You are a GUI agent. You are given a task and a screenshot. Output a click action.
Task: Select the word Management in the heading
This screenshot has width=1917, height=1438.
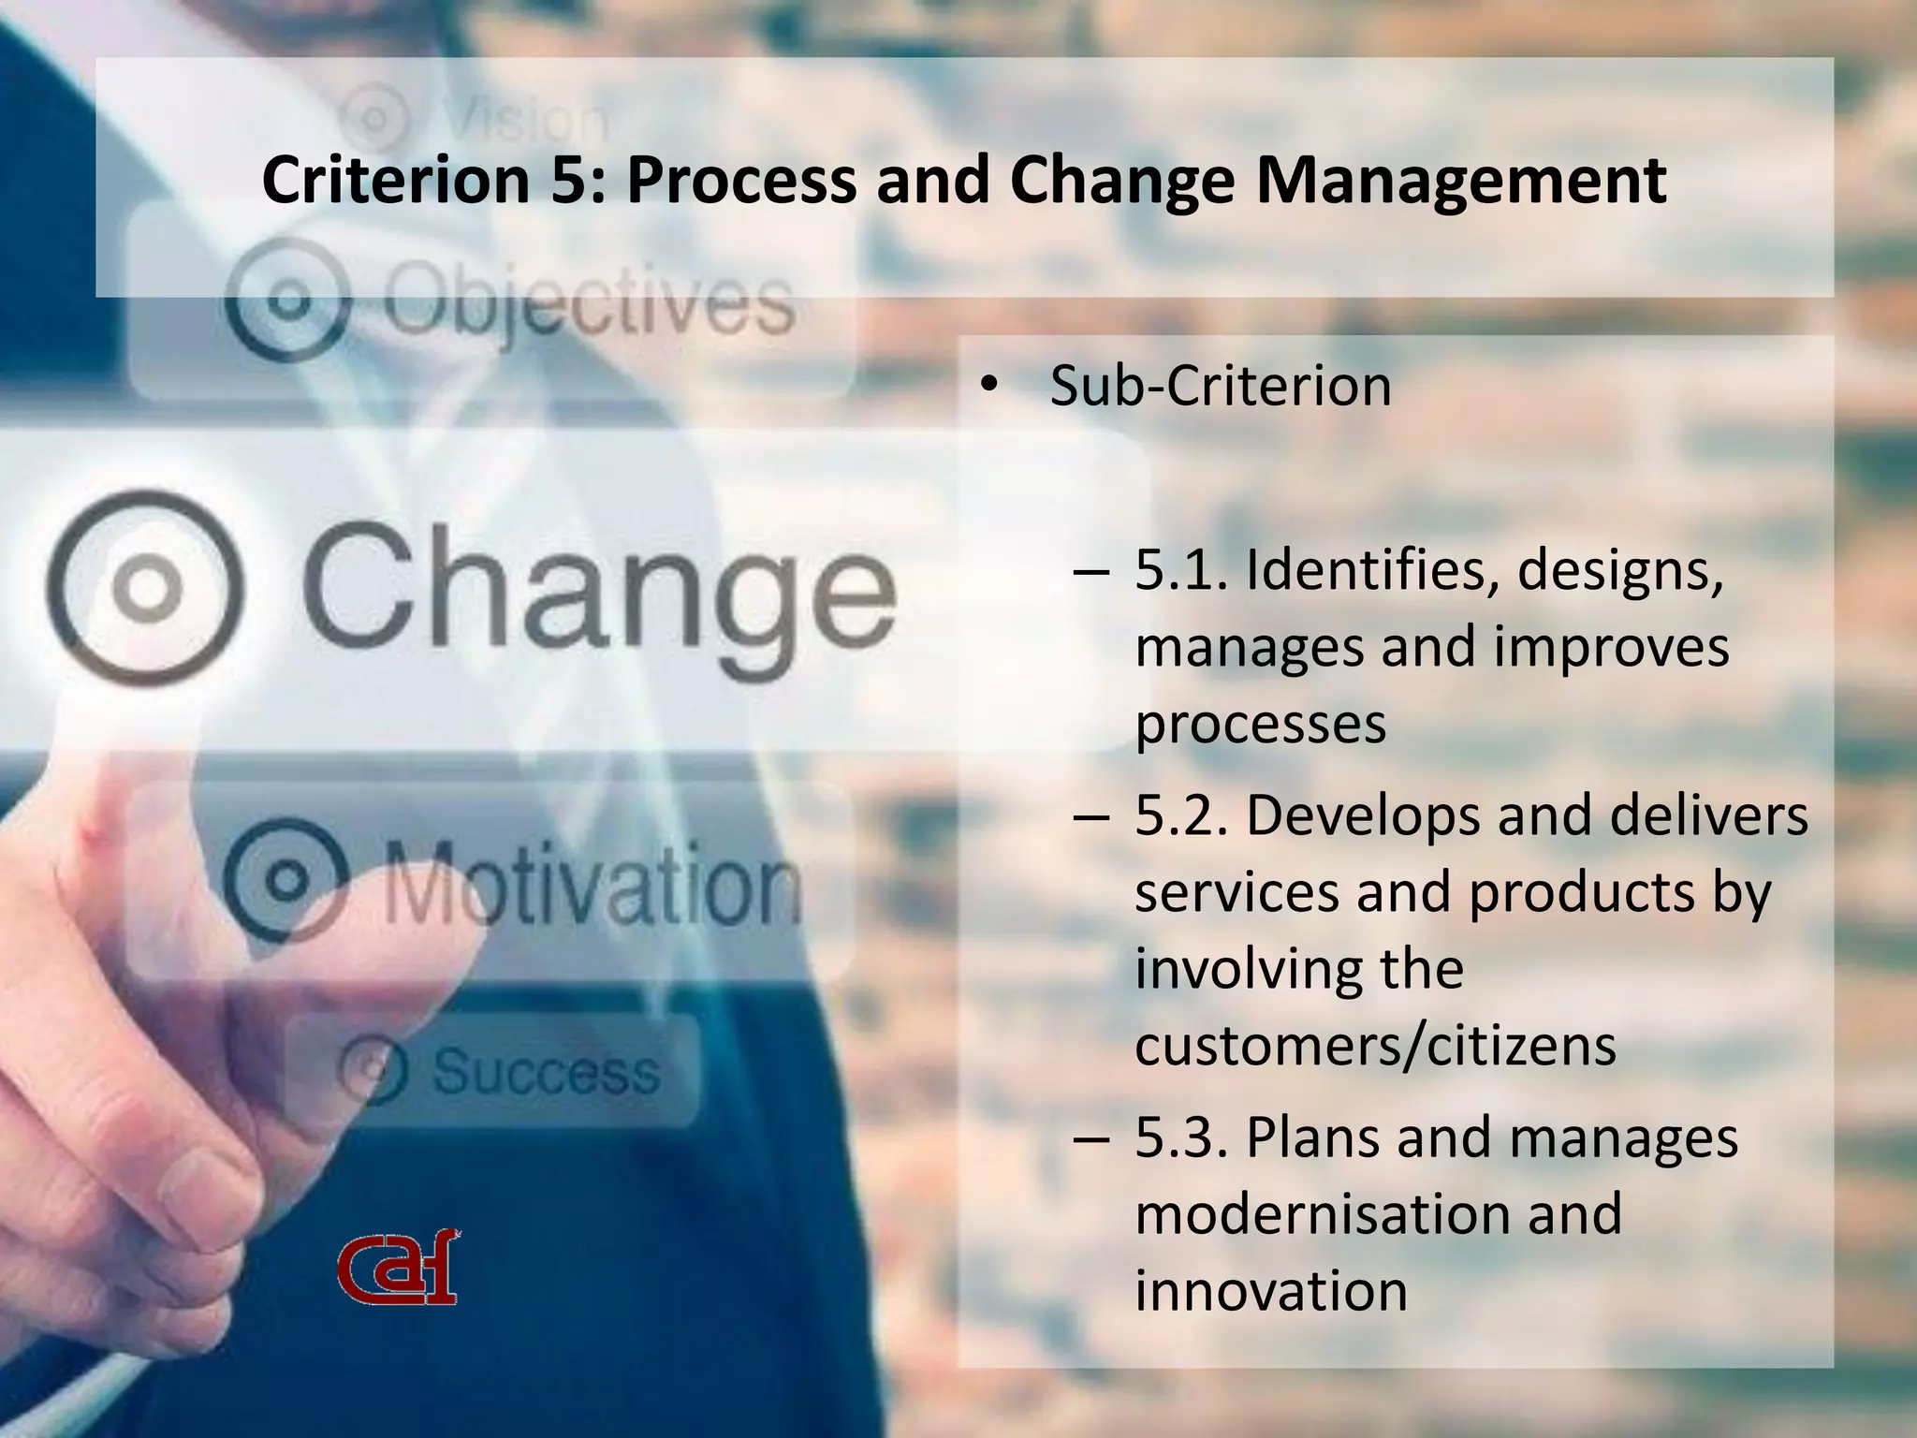pyautogui.click(x=1460, y=180)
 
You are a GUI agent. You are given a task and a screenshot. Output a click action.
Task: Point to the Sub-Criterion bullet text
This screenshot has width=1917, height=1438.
pyautogui.click(x=1220, y=386)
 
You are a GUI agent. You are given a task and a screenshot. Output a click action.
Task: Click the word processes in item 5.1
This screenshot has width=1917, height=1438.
pyautogui.click(x=1260, y=724)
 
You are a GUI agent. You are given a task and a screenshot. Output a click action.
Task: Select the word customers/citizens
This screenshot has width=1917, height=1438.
pyautogui.click(x=1375, y=1046)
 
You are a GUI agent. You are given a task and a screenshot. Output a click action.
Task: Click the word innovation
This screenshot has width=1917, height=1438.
pyautogui.click(x=1271, y=1291)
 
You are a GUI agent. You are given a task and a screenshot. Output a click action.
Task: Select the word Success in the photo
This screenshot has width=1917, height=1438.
pyautogui.click(x=546, y=1071)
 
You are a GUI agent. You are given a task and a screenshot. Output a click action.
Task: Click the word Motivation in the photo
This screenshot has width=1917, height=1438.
pyautogui.click(x=592, y=884)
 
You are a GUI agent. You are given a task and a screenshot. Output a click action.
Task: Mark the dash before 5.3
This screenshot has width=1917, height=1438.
pyautogui.click(x=1091, y=1139)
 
